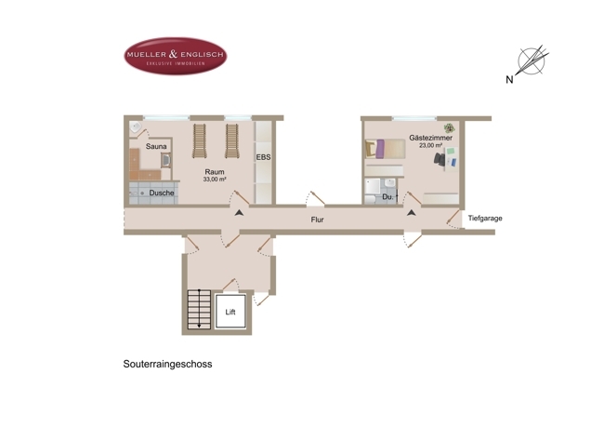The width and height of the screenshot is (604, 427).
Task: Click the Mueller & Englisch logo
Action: coord(176,56)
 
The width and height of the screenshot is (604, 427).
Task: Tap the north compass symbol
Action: coord(532,61)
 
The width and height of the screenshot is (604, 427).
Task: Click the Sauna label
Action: coord(156,147)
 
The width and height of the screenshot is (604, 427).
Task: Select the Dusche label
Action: coord(162,193)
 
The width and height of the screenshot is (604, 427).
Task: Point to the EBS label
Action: coord(264,157)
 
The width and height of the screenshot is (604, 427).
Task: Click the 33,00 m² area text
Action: coord(215,180)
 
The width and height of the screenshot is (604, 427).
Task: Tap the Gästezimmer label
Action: coord(430,138)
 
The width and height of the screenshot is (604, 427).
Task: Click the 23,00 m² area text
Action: coord(430,145)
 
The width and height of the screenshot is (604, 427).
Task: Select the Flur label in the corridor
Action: coord(318,220)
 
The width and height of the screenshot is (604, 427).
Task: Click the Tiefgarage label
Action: coord(485,219)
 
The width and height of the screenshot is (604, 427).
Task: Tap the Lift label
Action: coord(230,312)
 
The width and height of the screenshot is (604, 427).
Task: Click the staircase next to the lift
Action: coord(199,310)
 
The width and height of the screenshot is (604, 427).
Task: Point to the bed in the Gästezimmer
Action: coord(385,149)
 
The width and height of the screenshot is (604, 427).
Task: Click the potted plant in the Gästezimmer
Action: coord(449,128)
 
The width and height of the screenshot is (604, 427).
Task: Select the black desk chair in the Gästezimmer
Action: coord(440,159)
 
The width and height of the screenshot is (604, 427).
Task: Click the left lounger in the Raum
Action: coord(200,140)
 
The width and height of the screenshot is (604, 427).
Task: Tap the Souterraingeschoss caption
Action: coord(167,364)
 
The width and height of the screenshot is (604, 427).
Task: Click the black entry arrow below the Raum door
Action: coord(239,212)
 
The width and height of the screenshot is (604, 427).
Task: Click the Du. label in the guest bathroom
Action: coord(387,197)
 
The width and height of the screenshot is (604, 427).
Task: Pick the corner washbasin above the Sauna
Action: coord(136,127)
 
